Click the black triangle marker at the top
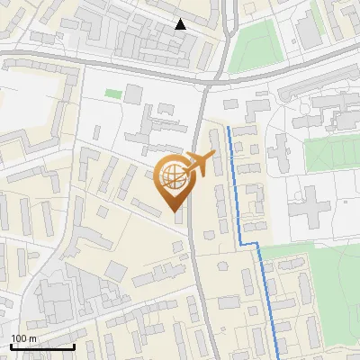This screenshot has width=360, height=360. point(181,24)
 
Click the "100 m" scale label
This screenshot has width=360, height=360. point(23,338)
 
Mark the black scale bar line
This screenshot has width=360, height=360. point(42,346)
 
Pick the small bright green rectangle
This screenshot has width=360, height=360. point(112,93)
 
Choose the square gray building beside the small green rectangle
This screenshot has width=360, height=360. point(133,94)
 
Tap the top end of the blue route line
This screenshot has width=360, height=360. point(229,129)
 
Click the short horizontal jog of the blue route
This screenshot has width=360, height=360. point(249,244)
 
